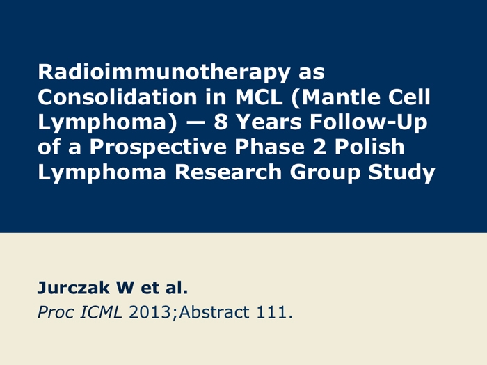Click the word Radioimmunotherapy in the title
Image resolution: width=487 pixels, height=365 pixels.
pyautogui.click(x=164, y=73)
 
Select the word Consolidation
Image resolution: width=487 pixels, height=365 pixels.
pyautogui.click(x=118, y=97)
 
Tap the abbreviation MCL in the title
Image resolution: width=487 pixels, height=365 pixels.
pyautogui.click(x=259, y=97)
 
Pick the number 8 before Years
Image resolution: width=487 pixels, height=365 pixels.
pyautogui.click(x=221, y=122)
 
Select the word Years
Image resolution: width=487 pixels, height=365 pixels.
pyautogui.click(x=269, y=122)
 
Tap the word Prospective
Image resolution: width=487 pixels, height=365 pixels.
pyautogui.click(x=158, y=147)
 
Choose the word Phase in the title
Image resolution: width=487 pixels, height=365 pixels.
pyautogui.click(x=270, y=147)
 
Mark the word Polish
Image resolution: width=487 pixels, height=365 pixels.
pyautogui.click(x=369, y=147)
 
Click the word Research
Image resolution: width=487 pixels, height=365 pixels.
pyautogui.click(x=228, y=172)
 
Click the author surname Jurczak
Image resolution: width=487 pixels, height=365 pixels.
pyautogui.click(x=73, y=288)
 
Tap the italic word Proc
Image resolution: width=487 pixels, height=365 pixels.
pyautogui.click(x=55, y=312)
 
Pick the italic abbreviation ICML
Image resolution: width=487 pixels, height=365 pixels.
pyautogui.click(x=101, y=312)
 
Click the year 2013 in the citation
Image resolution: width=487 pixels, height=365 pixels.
pyautogui.click(x=150, y=312)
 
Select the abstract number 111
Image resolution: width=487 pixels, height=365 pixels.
pyautogui.click(x=271, y=312)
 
